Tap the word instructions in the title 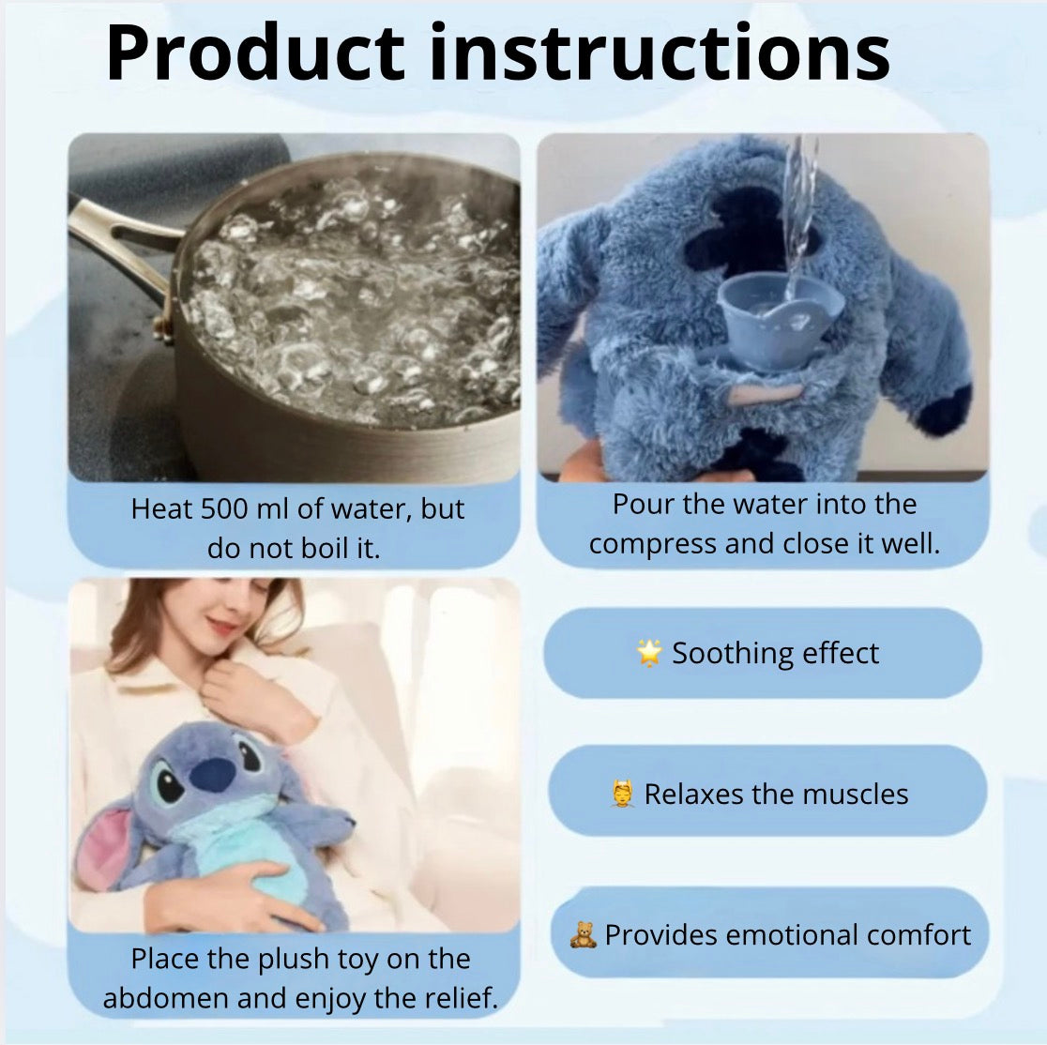660,53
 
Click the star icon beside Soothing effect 649,652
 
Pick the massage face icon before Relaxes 622,794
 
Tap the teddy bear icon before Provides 583,934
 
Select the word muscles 856,794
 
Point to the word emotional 782,935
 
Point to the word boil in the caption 324,548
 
